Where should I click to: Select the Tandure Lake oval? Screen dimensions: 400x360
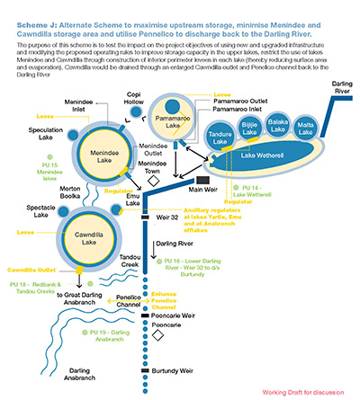coord(222,137)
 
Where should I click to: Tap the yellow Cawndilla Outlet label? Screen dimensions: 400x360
coord(33,269)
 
